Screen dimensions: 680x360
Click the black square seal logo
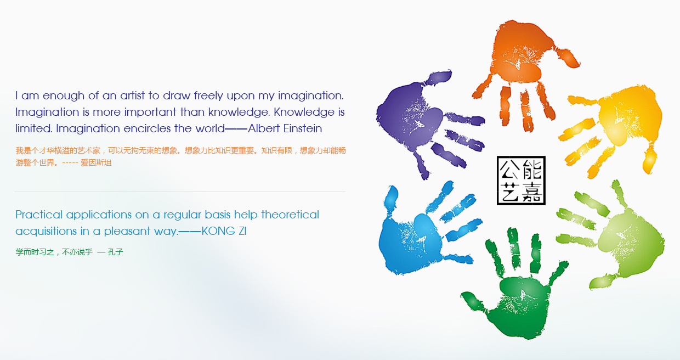[521, 181]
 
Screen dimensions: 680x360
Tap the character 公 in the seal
[509, 169]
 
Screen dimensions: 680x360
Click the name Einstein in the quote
[302, 128]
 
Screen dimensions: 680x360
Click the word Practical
[39, 215]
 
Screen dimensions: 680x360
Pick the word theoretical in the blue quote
[290, 215]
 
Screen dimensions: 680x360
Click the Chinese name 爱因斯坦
[96, 163]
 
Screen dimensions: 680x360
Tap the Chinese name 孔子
[115, 252]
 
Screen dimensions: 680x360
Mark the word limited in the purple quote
[33, 128]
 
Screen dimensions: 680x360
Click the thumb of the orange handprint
[567, 58]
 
